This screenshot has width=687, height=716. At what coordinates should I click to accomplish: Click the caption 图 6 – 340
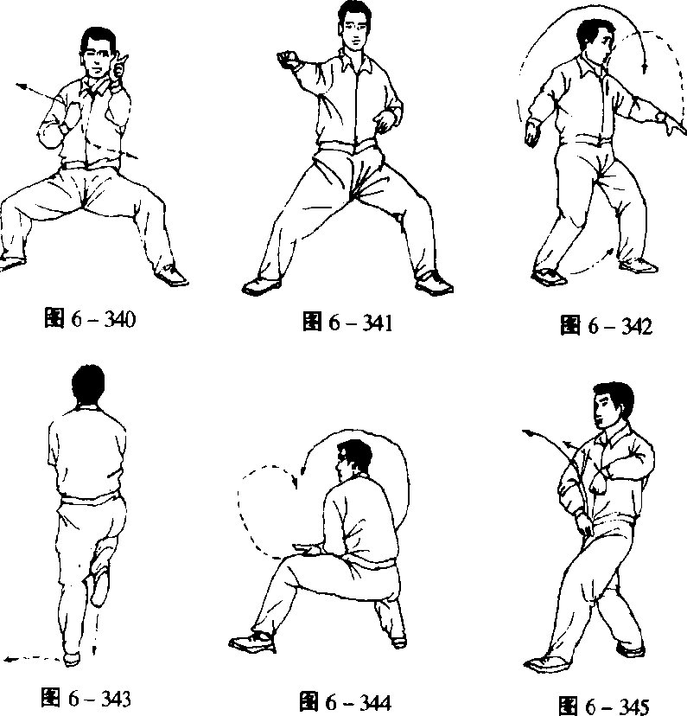tap(90, 318)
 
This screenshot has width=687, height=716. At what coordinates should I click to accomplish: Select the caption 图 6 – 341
tap(347, 322)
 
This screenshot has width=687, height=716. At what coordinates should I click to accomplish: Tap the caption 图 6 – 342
tap(607, 326)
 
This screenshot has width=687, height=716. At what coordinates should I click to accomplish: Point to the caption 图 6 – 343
tap(86, 698)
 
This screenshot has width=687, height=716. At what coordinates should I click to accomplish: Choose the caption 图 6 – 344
tap(346, 702)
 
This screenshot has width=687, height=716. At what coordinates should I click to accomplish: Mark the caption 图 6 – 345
tap(603, 706)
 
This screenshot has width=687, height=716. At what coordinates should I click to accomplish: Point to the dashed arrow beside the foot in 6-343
tap(32, 658)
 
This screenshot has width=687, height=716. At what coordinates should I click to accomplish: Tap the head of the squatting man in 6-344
tap(353, 459)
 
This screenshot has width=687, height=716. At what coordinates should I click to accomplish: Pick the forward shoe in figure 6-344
tap(251, 642)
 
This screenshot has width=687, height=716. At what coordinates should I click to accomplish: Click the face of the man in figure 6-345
tap(604, 409)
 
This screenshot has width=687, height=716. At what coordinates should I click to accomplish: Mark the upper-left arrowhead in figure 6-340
tap(20, 86)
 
